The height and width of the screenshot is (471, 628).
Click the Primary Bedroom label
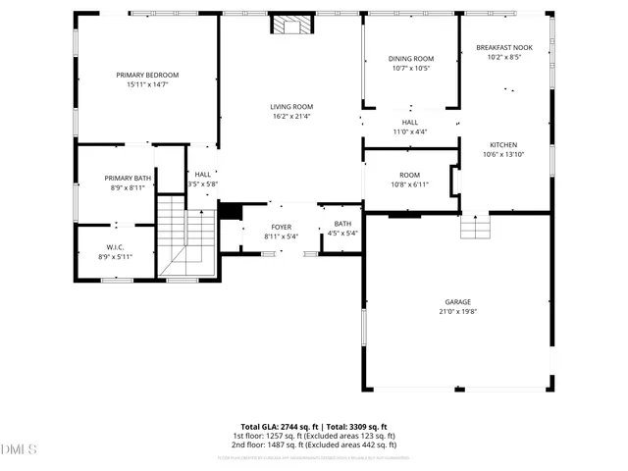[x=147, y=75]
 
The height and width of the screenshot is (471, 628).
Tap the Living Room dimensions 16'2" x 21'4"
[x=291, y=117]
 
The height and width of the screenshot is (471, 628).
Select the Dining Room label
[x=411, y=59]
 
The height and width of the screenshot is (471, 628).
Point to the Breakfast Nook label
[x=504, y=47]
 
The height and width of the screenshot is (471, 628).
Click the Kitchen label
[x=504, y=143]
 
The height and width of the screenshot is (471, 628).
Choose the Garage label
[x=457, y=301]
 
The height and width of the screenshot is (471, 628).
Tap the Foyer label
[x=282, y=227]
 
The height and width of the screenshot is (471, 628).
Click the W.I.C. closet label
[x=115, y=246]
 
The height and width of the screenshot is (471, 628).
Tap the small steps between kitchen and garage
[x=475, y=228]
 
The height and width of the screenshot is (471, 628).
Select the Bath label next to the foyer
[x=342, y=224]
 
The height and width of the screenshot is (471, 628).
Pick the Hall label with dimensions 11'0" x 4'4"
[x=410, y=122]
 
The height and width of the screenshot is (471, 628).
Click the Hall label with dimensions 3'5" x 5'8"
[x=203, y=174]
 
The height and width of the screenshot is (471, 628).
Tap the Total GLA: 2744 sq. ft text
[x=279, y=427]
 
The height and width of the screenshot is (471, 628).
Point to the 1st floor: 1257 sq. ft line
[x=313, y=436]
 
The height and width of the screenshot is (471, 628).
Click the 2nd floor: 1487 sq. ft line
[x=313, y=445]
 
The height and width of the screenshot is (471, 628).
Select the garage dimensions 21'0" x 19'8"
[x=457, y=311]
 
